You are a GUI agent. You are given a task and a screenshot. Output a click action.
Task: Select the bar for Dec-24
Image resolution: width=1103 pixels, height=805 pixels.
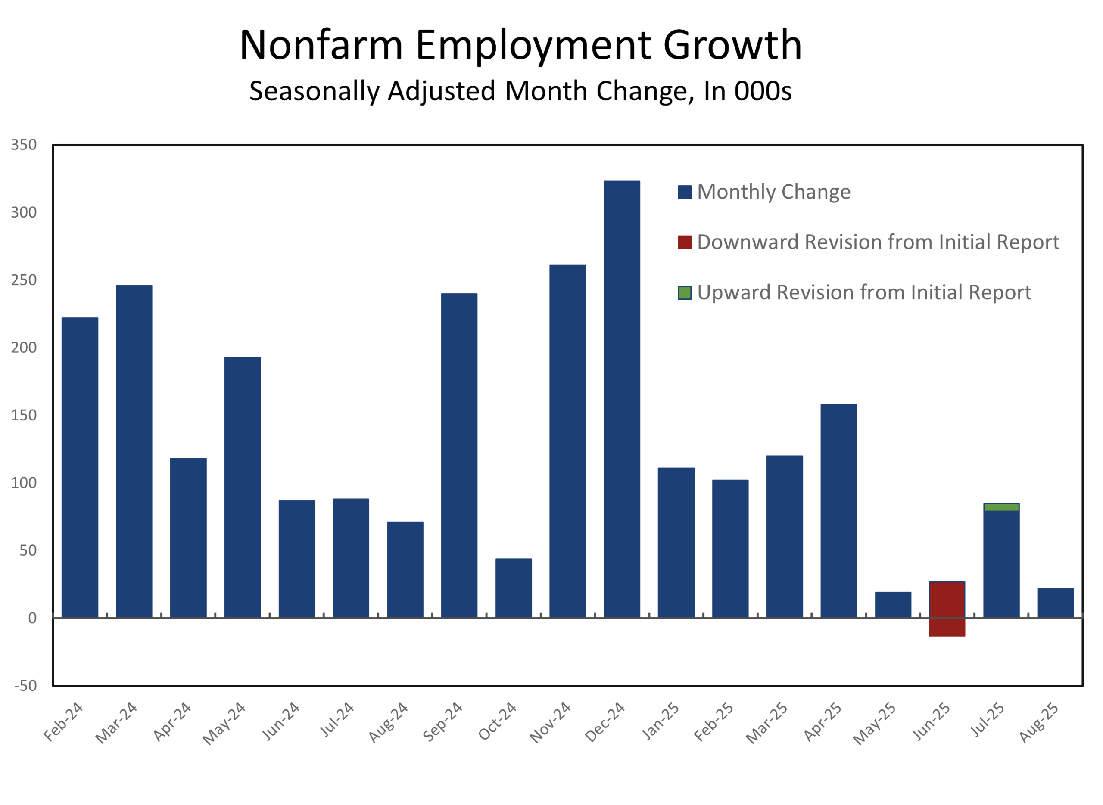(x=622, y=400)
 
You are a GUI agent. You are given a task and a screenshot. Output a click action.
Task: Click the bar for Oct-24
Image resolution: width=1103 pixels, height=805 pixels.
(x=513, y=588)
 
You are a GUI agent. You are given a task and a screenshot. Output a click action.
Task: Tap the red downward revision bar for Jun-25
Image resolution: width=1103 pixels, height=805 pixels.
(x=947, y=609)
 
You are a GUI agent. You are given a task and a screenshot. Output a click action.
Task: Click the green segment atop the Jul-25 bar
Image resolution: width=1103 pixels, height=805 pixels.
(x=1001, y=507)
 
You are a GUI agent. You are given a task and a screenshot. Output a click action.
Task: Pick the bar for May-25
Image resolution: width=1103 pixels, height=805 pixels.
(x=893, y=605)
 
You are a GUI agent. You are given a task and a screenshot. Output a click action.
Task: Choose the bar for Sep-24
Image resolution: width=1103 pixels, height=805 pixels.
(x=459, y=456)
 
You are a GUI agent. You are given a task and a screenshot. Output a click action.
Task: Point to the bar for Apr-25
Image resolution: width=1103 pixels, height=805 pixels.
(x=838, y=511)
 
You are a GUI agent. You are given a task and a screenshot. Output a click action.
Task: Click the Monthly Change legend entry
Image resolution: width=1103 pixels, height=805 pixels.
(x=773, y=192)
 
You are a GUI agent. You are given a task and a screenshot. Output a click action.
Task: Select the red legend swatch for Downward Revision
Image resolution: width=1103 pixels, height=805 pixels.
(x=684, y=242)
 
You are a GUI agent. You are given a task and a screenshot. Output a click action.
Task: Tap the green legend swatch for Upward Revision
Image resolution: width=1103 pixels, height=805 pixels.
(x=684, y=293)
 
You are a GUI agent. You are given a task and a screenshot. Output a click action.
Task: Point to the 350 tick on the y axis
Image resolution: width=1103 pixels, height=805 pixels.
(x=24, y=145)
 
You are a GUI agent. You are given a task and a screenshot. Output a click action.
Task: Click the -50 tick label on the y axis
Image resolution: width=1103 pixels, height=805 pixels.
(x=25, y=686)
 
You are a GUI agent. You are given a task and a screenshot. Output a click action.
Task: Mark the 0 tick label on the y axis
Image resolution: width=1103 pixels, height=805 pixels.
(x=32, y=618)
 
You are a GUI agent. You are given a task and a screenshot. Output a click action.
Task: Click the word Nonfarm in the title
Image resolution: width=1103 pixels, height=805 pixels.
(x=321, y=45)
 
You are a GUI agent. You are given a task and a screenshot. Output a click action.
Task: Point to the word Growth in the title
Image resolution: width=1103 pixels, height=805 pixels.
(x=732, y=45)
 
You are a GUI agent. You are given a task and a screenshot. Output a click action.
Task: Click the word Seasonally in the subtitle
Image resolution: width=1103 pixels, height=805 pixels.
(x=314, y=92)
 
